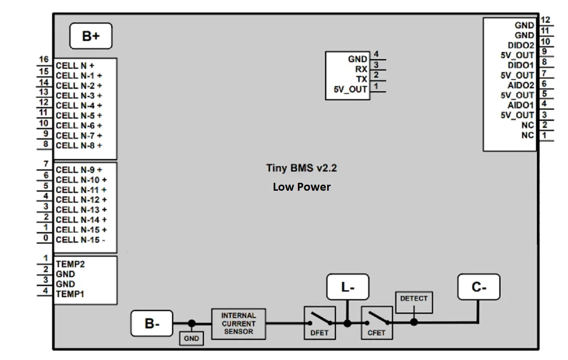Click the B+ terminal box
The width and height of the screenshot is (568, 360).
[x=91, y=36]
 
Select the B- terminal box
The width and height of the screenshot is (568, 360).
[x=152, y=323]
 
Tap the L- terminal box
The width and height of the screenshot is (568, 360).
[x=348, y=287]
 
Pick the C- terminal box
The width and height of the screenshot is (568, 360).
[x=479, y=287]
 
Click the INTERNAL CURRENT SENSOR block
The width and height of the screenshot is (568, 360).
[x=239, y=324]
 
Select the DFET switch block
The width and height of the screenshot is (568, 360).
[x=319, y=322]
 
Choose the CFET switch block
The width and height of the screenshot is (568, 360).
[x=376, y=322]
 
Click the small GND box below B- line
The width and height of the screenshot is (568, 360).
[x=192, y=339]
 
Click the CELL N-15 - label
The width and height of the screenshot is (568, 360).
[x=80, y=240]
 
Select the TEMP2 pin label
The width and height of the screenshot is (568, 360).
[x=70, y=264]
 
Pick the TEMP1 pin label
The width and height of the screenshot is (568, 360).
[x=70, y=294]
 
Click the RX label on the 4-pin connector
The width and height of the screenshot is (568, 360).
[x=361, y=69]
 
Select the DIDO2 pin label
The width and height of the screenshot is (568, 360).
[x=521, y=46]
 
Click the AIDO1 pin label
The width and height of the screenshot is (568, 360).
[x=521, y=105]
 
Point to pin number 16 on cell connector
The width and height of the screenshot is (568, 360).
[x=44, y=60]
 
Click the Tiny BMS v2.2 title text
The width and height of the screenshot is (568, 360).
[x=301, y=168]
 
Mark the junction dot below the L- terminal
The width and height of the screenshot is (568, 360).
[x=347, y=323]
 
